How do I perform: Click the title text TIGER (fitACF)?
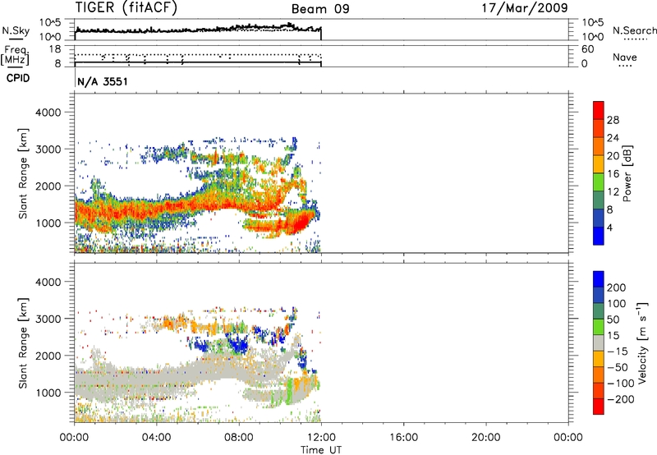click(x=126, y=9)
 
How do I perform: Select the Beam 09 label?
click(x=320, y=9)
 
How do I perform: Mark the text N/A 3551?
click(x=102, y=83)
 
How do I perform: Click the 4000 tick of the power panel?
click(x=52, y=111)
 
